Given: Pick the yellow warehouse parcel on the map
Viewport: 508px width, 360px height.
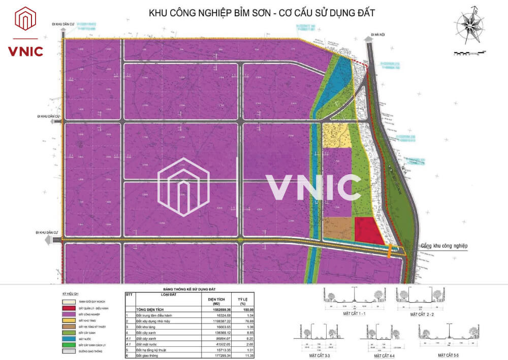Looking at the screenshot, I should coord(336,135).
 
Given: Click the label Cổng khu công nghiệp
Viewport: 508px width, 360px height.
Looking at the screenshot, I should coord(443,246).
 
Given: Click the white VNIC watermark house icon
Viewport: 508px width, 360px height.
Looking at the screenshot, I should coord(184,187).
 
